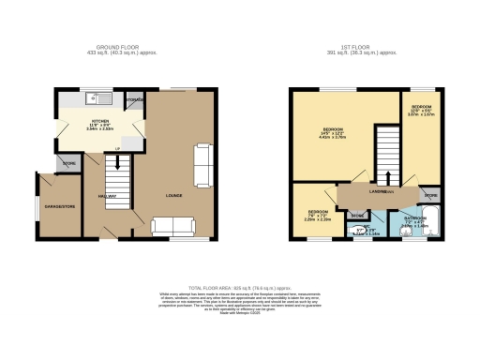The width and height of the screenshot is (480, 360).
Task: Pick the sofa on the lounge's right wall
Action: click(202, 164)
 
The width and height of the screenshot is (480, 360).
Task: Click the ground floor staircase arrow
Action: click(116, 153)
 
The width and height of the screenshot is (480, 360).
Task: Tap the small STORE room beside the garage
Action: click(68, 163)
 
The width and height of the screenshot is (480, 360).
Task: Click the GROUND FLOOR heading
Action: click(119, 44)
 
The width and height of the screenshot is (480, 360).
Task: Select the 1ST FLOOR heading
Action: click(363, 44)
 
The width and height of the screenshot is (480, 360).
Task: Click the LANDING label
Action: click(379, 194)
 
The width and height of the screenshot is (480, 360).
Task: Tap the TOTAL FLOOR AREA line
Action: click(239, 289)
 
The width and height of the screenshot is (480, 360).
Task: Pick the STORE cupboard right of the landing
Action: click(429, 196)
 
